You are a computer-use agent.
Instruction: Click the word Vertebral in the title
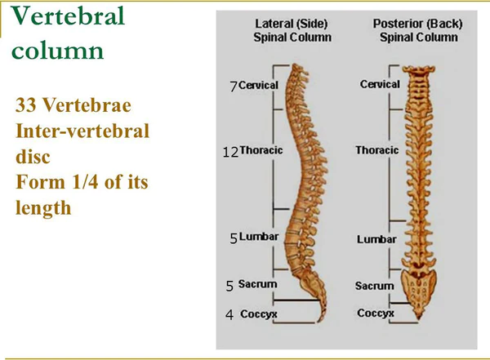tap(68, 16)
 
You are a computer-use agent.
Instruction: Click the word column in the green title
tap(57, 51)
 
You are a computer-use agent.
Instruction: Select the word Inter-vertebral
tap(82, 131)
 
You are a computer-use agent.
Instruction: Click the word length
tap(43, 208)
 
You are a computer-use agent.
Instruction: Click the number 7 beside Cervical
tap(234, 87)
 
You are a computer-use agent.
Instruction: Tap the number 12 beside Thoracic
tap(230, 152)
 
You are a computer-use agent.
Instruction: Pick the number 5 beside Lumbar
tap(234, 238)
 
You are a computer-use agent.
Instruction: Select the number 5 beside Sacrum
tap(229, 286)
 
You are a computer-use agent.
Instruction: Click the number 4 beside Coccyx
tap(229, 314)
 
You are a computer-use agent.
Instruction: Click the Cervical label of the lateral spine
tap(258, 85)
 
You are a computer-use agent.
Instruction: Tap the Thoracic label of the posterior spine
tap(376, 150)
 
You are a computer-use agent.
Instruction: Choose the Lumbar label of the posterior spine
tap(376, 239)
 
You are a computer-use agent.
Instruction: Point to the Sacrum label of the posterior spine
tap(374, 286)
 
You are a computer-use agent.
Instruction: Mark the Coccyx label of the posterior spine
tap(376, 313)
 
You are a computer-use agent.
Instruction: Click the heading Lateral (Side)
tap(292, 24)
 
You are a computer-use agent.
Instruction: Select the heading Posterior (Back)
tap(418, 24)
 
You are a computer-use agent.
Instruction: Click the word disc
tap(33, 156)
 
